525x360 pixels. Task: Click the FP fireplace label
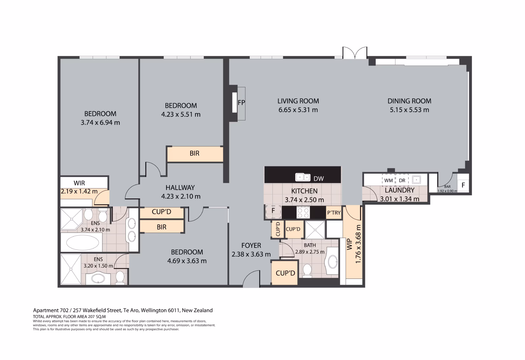click(x=241, y=103)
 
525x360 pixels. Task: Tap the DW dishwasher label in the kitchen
click(x=319, y=179)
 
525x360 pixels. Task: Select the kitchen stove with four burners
click(x=303, y=212)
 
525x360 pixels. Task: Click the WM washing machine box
click(x=388, y=180)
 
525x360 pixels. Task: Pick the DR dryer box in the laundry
click(x=402, y=180)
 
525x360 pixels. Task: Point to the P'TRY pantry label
click(x=334, y=213)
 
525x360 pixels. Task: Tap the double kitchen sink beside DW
click(x=303, y=177)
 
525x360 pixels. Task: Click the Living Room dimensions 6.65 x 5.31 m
click(x=298, y=110)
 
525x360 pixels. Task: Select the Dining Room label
click(x=409, y=101)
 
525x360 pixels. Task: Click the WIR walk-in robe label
click(x=79, y=183)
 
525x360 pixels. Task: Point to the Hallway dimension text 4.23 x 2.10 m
click(x=181, y=196)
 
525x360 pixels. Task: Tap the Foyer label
click(x=251, y=246)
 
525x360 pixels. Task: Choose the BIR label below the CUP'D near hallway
click(x=161, y=227)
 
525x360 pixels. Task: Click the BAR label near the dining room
click(x=447, y=187)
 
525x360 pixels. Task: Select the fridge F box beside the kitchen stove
click(x=273, y=210)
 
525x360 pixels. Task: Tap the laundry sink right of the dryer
click(x=416, y=180)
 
